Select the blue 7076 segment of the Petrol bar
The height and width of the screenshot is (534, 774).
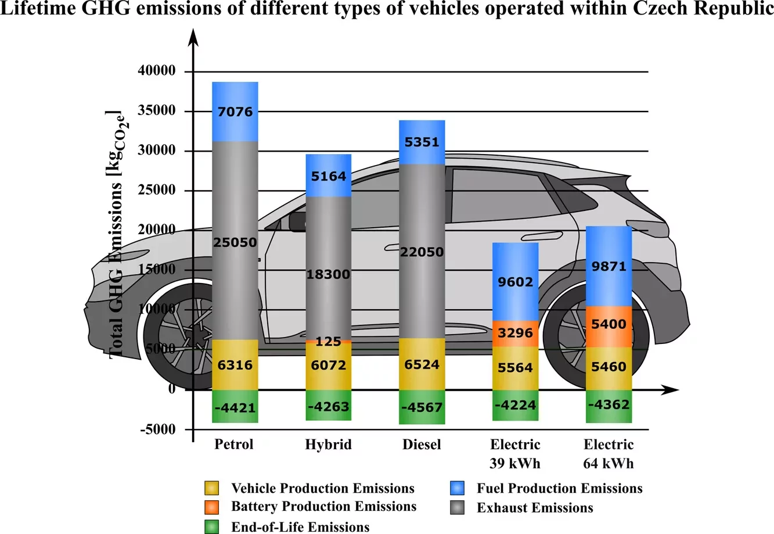235,111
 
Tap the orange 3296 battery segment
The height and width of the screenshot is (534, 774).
515,333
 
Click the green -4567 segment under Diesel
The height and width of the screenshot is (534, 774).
422,407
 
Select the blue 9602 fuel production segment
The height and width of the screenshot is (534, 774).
515,282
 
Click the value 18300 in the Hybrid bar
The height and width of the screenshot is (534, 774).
328,274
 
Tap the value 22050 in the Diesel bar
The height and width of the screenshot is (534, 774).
422,252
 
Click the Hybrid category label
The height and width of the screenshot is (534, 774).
328,445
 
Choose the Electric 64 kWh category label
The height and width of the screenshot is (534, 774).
609,454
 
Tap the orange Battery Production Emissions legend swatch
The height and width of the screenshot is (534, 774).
211,507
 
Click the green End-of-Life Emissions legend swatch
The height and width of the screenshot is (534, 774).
211,527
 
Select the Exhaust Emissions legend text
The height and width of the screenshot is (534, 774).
535,508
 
